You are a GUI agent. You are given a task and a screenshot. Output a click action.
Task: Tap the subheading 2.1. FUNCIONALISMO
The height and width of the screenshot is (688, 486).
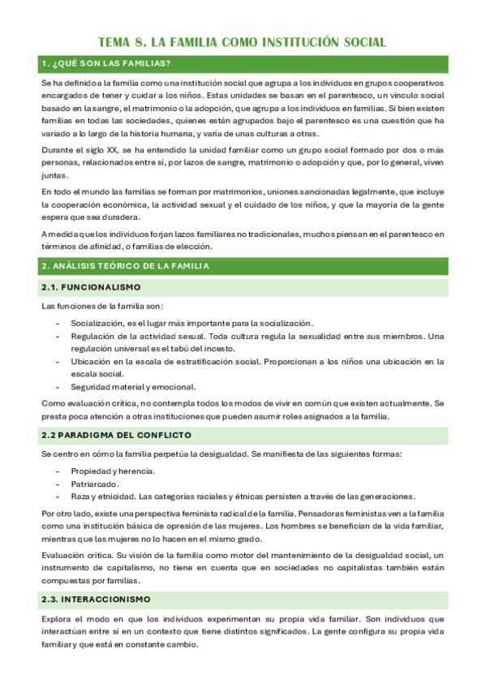point(91,287)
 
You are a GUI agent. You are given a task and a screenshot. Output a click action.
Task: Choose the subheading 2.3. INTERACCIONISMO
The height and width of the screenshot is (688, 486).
point(96,600)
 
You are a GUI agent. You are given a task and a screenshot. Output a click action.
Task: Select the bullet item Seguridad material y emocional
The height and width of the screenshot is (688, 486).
point(133,386)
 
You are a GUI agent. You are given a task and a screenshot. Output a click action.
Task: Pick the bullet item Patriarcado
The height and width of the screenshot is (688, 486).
point(96,484)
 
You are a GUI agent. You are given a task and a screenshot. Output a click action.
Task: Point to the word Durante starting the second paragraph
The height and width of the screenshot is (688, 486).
point(56,150)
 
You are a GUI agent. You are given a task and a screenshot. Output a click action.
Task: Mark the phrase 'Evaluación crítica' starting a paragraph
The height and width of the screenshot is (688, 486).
point(77,556)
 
